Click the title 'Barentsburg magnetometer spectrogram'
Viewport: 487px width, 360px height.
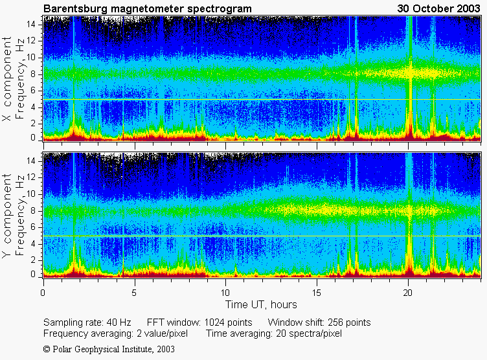point(147,8)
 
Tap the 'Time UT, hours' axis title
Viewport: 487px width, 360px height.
point(261,304)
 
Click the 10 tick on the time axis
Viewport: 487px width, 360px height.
point(226,292)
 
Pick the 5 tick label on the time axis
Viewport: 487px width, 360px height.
point(135,292)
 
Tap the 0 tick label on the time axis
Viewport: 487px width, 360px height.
point(43,292)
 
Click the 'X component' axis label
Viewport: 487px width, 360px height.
point(8,79)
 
